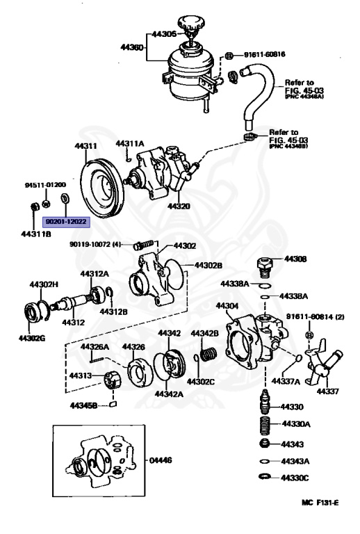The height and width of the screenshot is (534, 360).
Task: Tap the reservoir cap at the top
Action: [189, 22]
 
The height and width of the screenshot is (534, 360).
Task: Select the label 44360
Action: [131, 47]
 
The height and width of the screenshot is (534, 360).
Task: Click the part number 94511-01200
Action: [45, 185]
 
